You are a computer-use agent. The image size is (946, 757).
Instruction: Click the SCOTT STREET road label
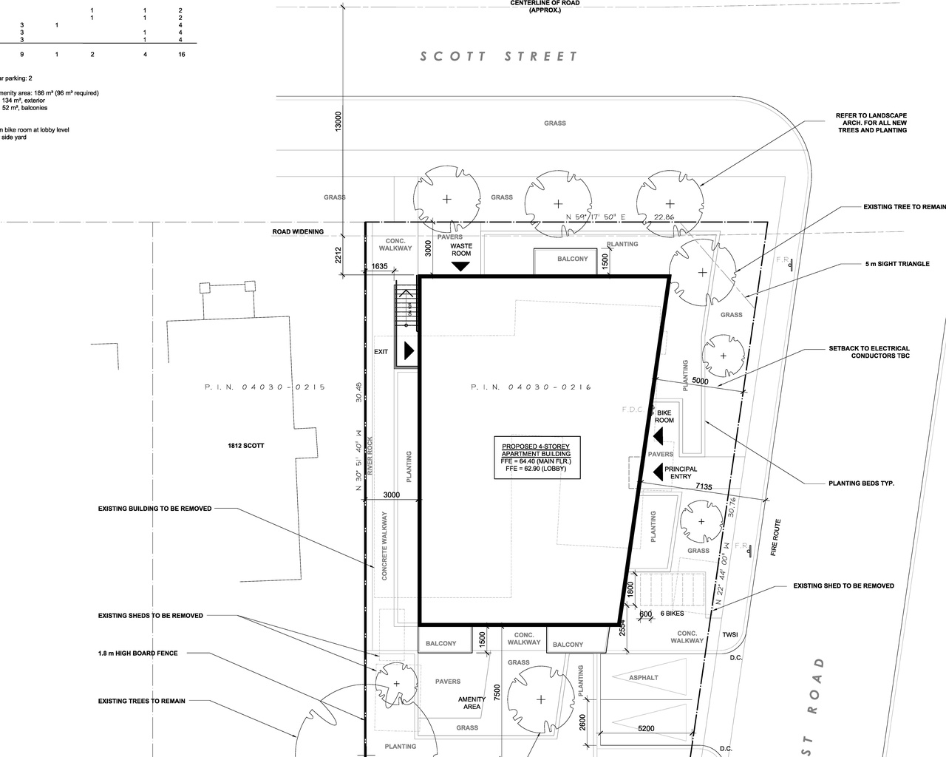click(x=499, y=57)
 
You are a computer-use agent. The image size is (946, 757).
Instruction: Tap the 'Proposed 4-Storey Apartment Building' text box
click(x=536, y=458)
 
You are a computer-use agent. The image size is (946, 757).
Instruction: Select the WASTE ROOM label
click(x=461, y=250)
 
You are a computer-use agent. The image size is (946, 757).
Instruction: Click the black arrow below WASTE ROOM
click(x=461, y=266)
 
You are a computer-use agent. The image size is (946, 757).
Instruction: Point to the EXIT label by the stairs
click(x=381, y=352)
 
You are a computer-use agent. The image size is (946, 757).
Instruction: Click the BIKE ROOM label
click(x=664, y=416)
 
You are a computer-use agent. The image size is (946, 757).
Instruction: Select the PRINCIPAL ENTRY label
click(x=681, y=472)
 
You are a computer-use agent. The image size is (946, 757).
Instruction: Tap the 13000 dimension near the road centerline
click(x=338, y=122)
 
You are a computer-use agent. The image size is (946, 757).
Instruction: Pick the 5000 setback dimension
click(x=699, y=381)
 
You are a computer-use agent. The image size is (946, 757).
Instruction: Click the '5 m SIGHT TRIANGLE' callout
click(x=897, y=264)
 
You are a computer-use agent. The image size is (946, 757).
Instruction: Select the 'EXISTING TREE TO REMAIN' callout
click(x=904, y=207)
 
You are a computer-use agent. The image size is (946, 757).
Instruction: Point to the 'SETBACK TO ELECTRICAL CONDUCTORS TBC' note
click(x=869, y=352)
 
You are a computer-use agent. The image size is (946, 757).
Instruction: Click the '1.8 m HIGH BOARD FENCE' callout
click(x=138, y=654)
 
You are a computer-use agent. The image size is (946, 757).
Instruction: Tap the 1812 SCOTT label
click(x=246, y=446)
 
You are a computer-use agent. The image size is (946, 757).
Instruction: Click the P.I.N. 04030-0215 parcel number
click(x=265, y=387)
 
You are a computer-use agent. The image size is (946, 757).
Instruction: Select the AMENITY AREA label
click(x=472, y=703)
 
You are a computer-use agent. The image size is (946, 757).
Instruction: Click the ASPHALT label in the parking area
click(x=643, y=678)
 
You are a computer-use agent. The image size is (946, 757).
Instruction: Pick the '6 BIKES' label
click(x=672, y=614)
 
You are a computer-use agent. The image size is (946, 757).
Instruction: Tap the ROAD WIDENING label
click(x=298, y=232)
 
